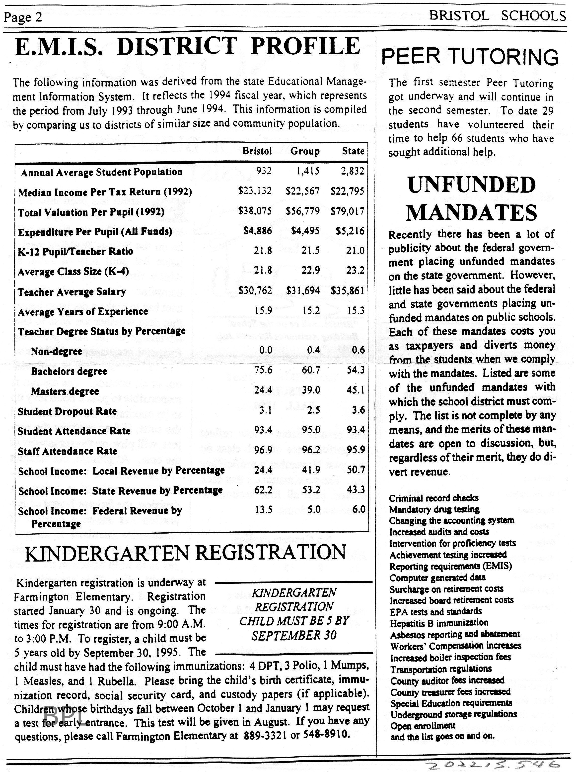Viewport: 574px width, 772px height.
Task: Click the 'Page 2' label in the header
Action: [x=23, y=17]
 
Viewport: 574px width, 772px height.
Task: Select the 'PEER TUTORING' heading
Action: [x=470, y=57]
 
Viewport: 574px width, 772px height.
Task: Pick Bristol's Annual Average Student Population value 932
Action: [x=264, y=171]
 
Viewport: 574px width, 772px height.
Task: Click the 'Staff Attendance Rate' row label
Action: [x=68, y=451]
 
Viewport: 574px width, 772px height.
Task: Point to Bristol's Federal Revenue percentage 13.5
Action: [x=263, y=510]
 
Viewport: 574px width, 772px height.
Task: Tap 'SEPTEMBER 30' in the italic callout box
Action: [x=294, y=636]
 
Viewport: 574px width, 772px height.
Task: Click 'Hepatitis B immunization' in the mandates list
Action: [x=438, y=622]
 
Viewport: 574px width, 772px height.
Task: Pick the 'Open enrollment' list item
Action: [x=423, y=726]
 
